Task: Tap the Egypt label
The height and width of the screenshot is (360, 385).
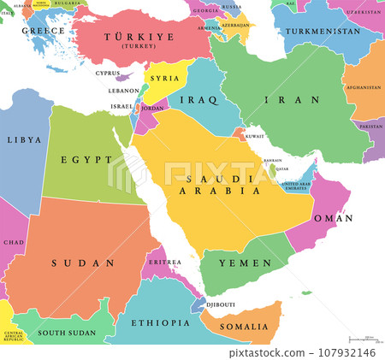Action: tap(86, 159)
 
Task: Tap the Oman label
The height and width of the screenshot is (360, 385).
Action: tap(337, 218)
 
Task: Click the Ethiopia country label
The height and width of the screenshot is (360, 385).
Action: tap(160, 323)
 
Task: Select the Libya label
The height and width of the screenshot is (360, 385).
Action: tap(23, 139)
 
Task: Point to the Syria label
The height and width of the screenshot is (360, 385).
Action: tap(163, 78)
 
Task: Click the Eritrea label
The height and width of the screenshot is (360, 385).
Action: tap(164, 261)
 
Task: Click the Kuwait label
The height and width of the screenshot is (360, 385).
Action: tap(255, 136)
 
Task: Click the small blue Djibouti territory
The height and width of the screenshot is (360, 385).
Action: tap(198, 304)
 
